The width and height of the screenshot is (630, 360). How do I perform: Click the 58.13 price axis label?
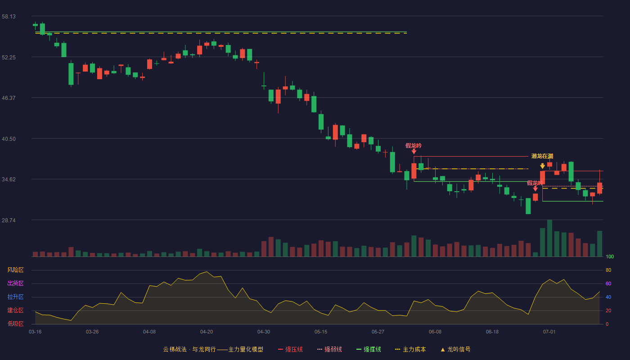[9, 17]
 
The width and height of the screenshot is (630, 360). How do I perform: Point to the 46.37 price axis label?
[9, 98]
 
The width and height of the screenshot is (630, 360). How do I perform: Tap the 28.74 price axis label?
[9, 220]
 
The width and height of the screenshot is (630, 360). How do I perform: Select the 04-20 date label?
[207, 332]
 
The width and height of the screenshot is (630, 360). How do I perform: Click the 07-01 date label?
[549, 332]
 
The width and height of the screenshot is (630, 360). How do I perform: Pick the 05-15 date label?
[321, 332]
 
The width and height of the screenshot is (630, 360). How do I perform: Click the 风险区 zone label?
[15, 270]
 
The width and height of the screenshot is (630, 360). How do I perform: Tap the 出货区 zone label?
[15, 283]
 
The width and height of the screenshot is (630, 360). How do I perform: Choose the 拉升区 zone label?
[15, 297]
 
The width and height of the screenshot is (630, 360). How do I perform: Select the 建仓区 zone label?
[15, 310]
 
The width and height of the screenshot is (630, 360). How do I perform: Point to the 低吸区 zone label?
[15, 324]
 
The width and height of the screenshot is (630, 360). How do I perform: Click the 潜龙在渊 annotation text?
[542, 156]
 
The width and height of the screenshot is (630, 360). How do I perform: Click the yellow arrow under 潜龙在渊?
[543, 166]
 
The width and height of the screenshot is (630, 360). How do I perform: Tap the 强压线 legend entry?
[290, 349]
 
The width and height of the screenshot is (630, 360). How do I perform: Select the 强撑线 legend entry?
[369, 349]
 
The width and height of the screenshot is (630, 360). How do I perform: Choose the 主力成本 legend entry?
[410, 349]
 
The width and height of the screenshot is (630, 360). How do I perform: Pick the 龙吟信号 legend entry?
[455, 349]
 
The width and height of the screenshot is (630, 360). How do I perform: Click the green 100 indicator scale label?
[610, 256]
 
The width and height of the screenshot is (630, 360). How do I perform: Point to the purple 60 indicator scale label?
[608, 283]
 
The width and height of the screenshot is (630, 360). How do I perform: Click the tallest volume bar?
[549, 238]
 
